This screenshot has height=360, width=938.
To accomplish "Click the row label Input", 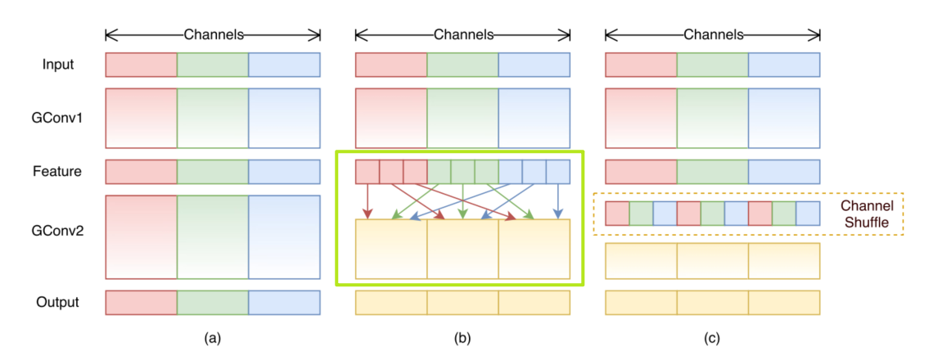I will click(x=57, y=65).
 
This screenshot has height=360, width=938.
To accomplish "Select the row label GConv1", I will click(x=57, y=118).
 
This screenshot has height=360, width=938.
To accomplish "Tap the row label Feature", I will click(x=57, y=172).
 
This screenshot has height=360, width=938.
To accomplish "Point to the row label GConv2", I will click(x=57, y=230).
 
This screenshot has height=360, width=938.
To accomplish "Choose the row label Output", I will click(x=57, y=302).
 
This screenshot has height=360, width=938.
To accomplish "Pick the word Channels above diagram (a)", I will click(x=213, y=34).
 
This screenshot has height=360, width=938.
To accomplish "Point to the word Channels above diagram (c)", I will click(x=712, y=34).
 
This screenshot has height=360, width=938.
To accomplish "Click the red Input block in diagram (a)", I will click(x=141, y=65).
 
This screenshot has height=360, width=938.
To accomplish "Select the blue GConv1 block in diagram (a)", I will click(x=284, y=118).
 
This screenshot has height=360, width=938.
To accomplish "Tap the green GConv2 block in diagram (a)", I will click(x=213, y=236).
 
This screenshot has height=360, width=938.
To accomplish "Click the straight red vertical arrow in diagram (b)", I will click(x=368, y=201).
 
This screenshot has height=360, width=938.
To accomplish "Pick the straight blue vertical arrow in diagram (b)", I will click(x=557, y=201).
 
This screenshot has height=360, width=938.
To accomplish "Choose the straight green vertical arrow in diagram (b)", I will click(x=462, y=201).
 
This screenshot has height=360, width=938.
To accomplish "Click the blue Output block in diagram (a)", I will click(x=284, y=302).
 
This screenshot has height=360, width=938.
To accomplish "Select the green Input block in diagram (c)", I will click(x=712, y=65).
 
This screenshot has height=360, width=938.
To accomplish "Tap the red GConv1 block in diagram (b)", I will click(x=390, y=118).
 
